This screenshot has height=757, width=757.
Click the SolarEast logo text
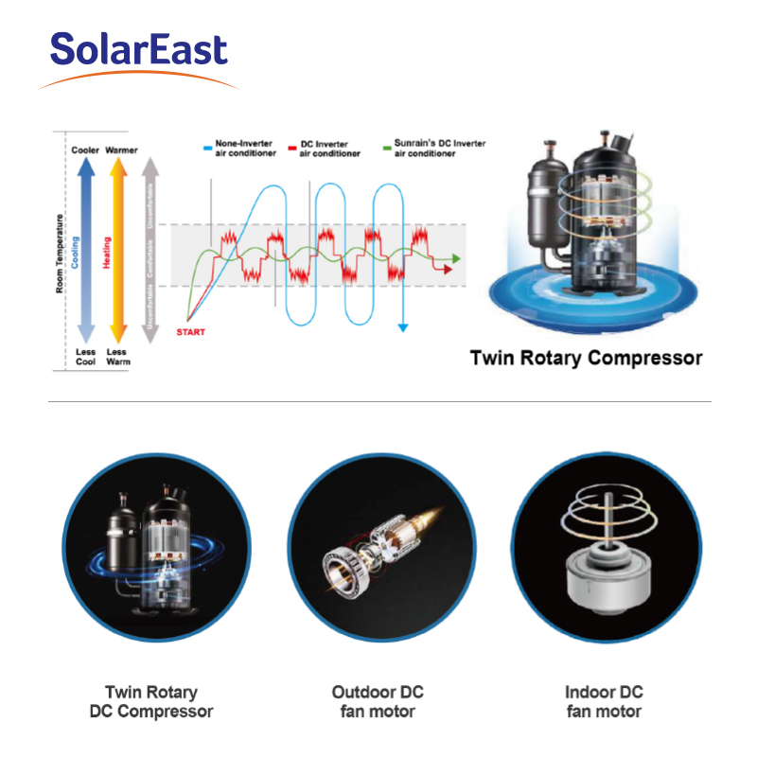point(138,49)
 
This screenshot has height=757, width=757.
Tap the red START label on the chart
point(191,332)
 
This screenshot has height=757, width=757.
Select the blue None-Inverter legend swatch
point(207,149)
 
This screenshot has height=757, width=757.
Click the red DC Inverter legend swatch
point(292,149)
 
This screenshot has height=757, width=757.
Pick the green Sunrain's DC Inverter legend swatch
point(387,148)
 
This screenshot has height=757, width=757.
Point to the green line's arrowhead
point(456,258)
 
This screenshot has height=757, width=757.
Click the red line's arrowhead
point(448,269)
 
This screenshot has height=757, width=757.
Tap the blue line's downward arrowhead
point(403,327)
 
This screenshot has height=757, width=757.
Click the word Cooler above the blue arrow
point(85,150)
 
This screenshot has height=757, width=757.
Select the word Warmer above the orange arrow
point(121,150)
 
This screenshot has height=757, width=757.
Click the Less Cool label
point(85,357)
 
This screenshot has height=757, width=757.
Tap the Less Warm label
point(118,357)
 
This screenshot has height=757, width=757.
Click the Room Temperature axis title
point(60,254)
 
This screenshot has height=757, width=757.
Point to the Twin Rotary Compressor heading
point(586,359)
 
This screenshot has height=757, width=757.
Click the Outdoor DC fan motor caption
point(378,701)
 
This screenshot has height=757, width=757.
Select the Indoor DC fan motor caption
point(604,701)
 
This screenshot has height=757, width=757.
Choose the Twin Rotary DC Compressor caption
point(151,701)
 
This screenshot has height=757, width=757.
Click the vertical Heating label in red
point(107,253)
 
